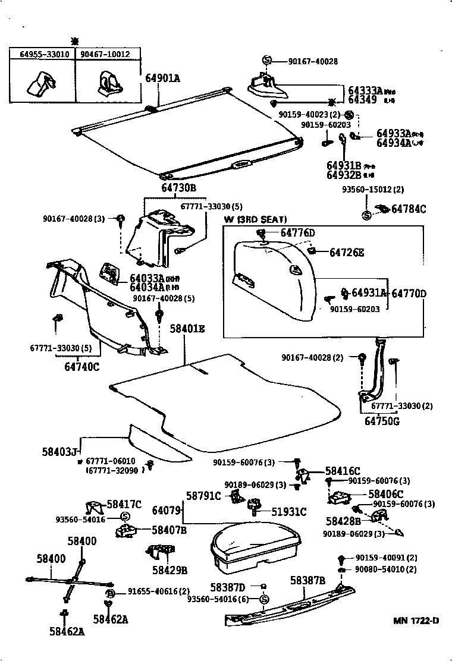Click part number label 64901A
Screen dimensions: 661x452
163,77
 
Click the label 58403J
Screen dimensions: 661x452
60,452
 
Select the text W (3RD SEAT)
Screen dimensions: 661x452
255,219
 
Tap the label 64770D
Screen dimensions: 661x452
409,293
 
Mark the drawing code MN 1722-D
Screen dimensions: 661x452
416,621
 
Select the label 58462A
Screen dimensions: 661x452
67,631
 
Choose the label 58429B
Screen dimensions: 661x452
169,570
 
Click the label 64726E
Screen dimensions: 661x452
347,253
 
